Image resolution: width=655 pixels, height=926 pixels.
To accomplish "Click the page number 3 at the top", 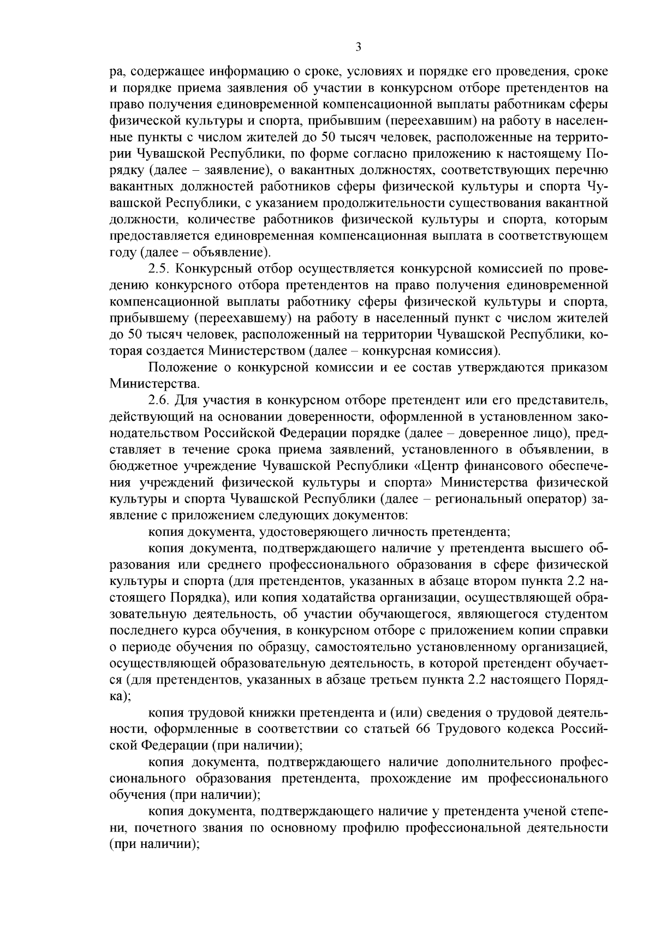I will point(358,47).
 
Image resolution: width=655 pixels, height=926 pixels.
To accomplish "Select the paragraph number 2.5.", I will point(159,269).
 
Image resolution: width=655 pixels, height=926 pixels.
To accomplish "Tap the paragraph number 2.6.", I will point(159,401).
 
